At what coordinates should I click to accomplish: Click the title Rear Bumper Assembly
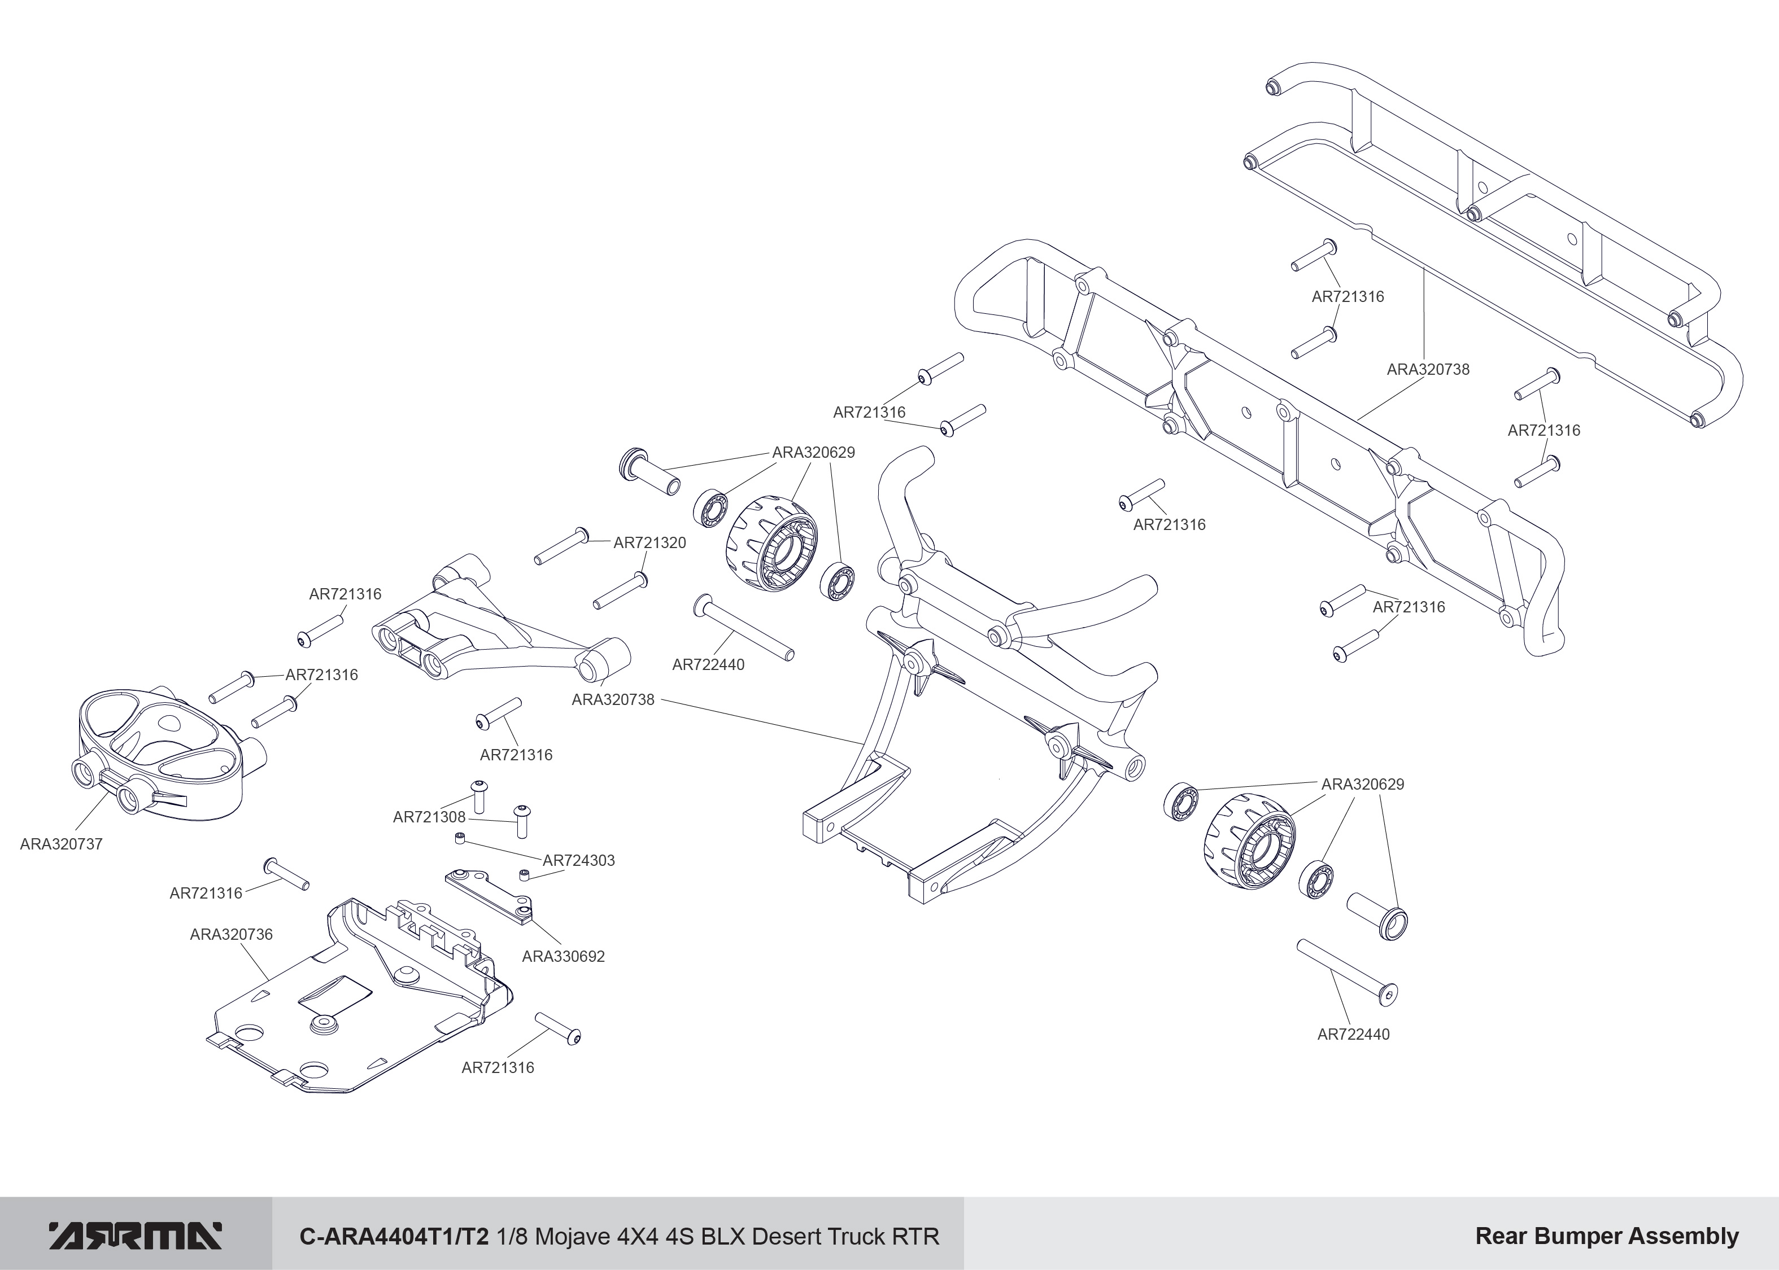1606,1236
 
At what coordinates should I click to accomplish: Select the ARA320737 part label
61,844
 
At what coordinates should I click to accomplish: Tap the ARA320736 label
231,935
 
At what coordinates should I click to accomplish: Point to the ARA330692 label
563,956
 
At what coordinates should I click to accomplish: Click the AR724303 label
579,860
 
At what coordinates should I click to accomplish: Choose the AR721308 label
429,817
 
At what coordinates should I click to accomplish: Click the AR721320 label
649,543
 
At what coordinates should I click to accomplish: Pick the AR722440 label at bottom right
1353,1035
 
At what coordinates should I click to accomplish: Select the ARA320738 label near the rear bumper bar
1428,369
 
